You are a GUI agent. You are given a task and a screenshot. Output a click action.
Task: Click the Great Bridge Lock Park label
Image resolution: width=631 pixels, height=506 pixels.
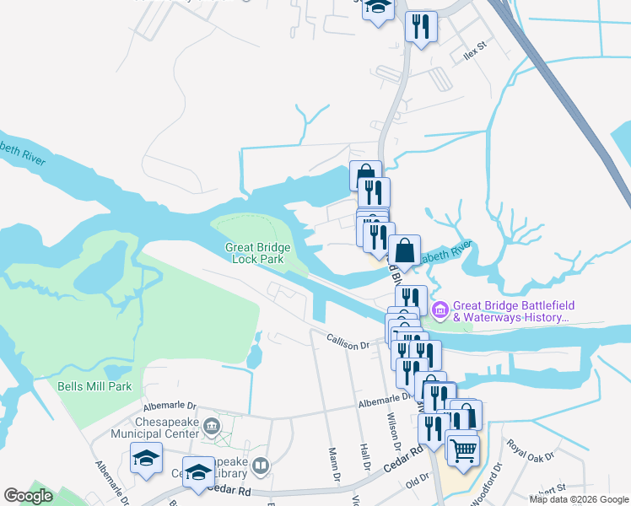[255, 253]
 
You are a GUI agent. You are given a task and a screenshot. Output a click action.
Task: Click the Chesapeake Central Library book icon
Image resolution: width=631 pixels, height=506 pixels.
[262, 466]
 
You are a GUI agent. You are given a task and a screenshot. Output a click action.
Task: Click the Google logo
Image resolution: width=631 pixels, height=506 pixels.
[28, 496]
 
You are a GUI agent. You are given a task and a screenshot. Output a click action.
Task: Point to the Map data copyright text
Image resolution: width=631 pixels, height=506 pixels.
[579, 499]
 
